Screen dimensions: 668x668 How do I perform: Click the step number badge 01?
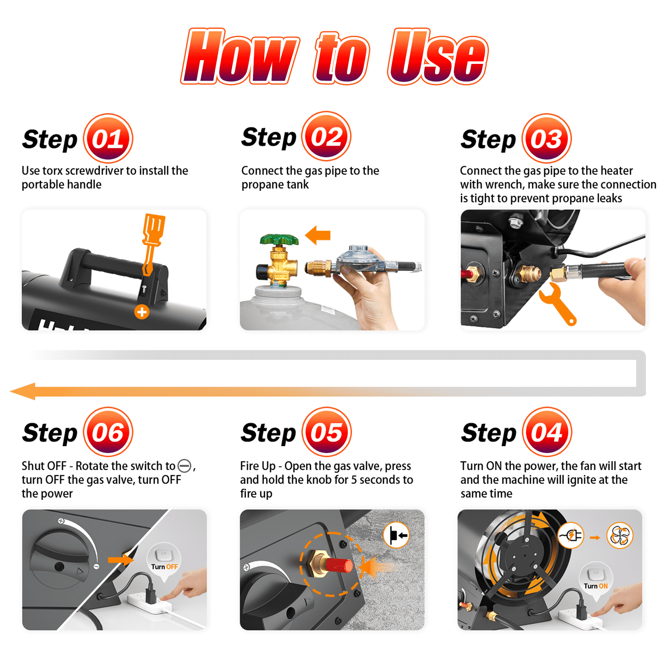click(x=108, y=138)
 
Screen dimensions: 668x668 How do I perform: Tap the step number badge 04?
click(x=547, y=432)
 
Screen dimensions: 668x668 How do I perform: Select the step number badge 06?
click(x=108, y=432)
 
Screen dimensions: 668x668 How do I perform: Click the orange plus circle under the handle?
click(x=142, y=311)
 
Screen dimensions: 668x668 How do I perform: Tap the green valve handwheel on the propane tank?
click(x=279, y=240)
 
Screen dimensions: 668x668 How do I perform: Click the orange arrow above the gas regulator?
click(x=318, y=235)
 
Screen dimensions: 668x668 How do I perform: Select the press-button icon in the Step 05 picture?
click(x=396, y=535)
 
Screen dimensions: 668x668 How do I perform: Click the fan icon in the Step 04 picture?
click(x=620, y=535)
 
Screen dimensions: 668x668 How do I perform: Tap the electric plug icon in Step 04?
click(x=571, y=535)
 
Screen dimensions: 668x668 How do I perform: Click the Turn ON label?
click(x=595, y=586)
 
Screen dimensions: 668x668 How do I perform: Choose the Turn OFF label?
click(x=164, y=567)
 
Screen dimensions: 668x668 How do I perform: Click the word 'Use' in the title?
click(x=438, y=56)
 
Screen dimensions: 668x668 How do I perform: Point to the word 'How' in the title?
click(x=240, y=56)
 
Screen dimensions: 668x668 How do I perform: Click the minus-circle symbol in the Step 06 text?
click(x=184, y=466)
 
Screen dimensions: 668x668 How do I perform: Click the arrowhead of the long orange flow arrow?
click(x=23, y=391)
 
